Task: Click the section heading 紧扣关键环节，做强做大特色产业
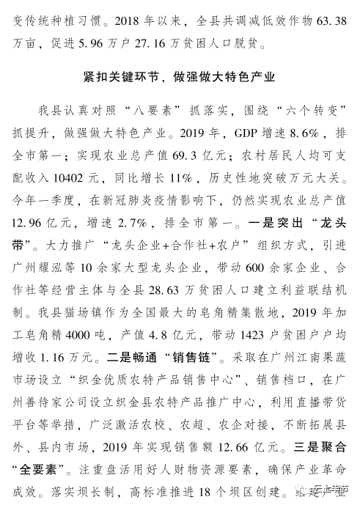(x=180, y=76)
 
